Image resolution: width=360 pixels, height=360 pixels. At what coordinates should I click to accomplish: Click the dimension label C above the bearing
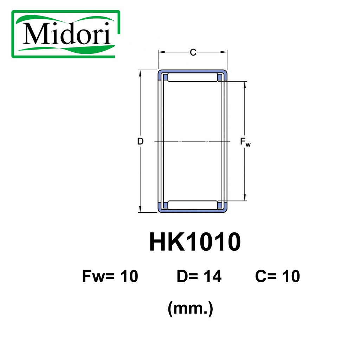[193, 53]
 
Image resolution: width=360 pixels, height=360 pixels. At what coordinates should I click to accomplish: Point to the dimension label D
[140, 142]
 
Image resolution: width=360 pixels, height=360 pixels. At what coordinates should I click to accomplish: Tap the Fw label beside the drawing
[245, 142]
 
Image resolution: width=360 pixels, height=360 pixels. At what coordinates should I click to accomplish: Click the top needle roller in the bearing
[192, 77]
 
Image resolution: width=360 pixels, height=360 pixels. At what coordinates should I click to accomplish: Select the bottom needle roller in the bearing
[192, 205]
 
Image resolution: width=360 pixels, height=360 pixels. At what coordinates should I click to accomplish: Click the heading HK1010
[195, 242]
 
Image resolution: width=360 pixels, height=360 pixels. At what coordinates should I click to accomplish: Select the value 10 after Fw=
[129, 277]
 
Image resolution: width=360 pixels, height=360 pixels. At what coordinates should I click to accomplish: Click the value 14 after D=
[212, 277]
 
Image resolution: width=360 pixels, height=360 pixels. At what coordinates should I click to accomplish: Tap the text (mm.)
[191, 309]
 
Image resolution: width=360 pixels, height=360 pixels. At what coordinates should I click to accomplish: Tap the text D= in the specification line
[186, 277]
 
